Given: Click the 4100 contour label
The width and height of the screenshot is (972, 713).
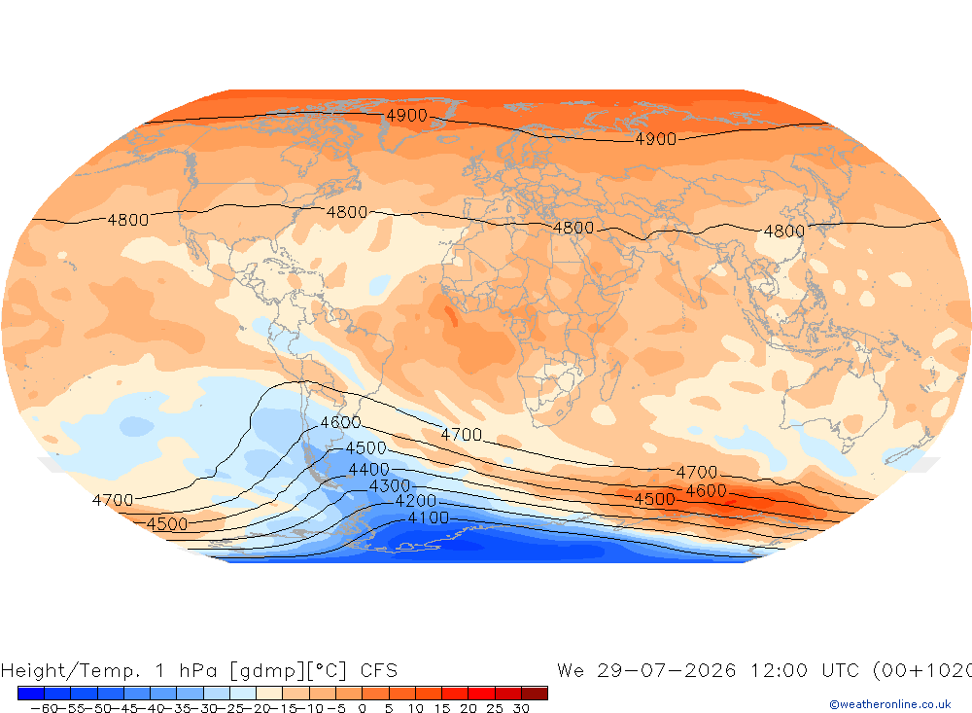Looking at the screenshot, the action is [429, 517].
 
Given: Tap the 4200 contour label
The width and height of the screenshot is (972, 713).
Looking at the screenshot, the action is [416, 501].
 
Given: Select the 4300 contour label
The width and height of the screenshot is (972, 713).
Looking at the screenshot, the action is [390, 485].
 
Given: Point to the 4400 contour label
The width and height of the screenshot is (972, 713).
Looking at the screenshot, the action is [368, 469].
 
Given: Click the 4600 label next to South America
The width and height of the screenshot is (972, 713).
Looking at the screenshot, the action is [340, 422].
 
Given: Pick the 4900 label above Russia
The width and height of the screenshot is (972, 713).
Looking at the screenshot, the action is [656, 139].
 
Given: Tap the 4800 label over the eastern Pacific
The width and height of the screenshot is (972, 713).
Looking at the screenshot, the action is [128, 220].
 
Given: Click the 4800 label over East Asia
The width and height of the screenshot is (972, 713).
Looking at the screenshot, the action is [784, 232].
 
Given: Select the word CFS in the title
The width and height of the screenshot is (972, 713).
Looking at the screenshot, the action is [379, 670].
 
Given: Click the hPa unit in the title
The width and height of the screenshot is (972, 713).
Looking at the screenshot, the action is [198, 670].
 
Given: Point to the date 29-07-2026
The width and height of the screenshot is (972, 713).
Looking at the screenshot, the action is [667, 670].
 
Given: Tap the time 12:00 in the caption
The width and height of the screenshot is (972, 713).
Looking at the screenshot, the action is [779, 670].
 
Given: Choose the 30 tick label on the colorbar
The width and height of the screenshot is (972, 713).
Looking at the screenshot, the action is [521, 708].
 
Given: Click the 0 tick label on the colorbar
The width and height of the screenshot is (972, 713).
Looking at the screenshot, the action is [362, 708].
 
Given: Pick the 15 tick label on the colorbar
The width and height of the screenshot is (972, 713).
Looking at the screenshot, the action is [442, 708].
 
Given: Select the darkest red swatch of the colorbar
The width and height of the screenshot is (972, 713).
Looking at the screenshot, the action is [535, 693].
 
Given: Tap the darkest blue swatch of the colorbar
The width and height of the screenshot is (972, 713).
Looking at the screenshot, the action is [31, 693].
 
